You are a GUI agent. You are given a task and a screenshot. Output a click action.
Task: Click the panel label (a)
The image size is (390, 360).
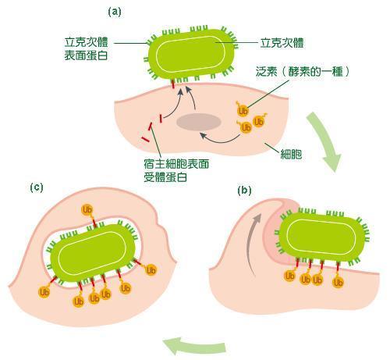[115, 12]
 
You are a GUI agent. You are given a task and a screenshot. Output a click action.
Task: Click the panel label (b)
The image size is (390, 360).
[245, 191]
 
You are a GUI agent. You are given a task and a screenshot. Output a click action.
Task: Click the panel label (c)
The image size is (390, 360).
[37, 187]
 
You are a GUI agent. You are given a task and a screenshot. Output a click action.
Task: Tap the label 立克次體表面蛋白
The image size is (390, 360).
[86, 49]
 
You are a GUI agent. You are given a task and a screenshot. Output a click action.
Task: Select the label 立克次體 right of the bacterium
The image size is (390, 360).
[282, 43]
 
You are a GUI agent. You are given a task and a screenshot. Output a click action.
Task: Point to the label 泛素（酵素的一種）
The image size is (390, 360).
[303, 71]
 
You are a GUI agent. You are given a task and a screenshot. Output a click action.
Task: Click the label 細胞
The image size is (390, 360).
[291, 155]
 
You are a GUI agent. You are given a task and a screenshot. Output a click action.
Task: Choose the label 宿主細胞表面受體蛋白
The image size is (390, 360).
[176, 170]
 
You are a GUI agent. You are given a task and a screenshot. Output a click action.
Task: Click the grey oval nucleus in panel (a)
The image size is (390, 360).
[199, 122]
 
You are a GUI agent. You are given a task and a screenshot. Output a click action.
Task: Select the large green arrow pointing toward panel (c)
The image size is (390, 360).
[193, 345]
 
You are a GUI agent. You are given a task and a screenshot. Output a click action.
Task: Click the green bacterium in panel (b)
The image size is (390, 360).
[322, 237]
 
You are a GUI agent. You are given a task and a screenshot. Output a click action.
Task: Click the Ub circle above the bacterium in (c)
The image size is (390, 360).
[87, 210]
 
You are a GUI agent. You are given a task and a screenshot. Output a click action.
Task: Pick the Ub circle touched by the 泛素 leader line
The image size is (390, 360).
[243, 111]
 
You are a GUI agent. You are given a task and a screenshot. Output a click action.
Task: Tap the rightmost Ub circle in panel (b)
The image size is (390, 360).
[339, 283]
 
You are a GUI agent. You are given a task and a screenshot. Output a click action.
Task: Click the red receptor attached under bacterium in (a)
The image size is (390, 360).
[172, 84]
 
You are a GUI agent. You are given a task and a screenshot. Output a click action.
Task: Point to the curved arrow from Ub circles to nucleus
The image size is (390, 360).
[220, 138]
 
